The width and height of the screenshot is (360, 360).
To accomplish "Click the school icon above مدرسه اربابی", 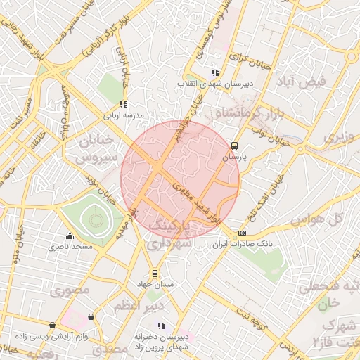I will [123, 104].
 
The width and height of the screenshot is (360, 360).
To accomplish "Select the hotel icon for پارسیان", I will [233, 146].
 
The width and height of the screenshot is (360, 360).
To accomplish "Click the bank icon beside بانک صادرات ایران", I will [243, 233].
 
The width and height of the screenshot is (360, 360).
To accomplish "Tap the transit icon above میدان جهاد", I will [155, 274].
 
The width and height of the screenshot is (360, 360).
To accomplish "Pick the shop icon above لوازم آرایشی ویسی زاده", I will [91, 316].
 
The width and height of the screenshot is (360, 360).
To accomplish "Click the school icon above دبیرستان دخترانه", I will [161, 326].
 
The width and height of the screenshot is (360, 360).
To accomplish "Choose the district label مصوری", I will [66, 289].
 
